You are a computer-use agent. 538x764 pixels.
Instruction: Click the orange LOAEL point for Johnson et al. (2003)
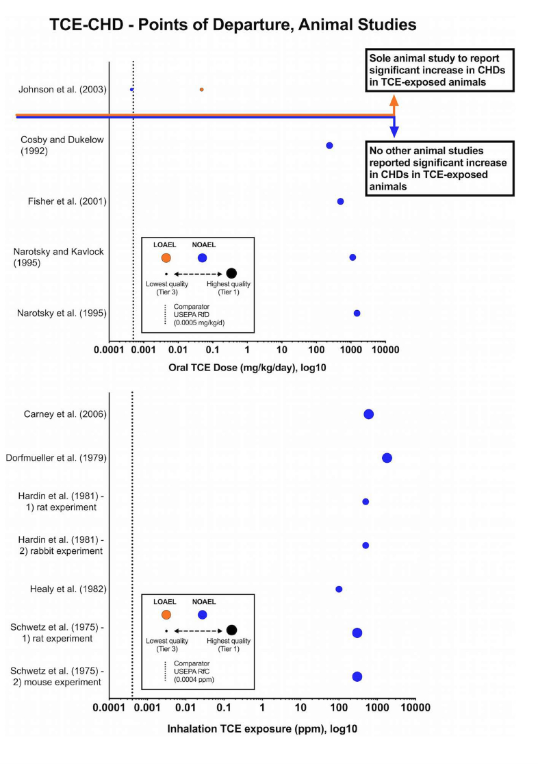coord(201,90)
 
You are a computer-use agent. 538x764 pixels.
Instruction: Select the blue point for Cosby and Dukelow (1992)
coord(329,146)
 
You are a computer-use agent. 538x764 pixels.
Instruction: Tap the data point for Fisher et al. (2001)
coord(340,201)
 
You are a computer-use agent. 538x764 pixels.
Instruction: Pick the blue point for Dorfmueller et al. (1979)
coord(387,458)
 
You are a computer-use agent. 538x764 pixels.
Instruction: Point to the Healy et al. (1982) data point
coord(339,589)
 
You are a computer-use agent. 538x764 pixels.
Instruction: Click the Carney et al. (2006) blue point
coord(368,414)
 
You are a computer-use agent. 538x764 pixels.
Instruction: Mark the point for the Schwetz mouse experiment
coord(357,676)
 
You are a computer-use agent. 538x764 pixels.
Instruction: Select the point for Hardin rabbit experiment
coord(366,546)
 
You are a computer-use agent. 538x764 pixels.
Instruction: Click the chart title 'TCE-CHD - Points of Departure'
coord(233,26)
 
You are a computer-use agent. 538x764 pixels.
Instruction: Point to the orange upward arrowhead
coord(394,100)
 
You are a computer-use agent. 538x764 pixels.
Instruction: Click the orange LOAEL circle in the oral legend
coord(166,257)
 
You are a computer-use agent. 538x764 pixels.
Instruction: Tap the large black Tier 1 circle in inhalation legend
coord(231,630)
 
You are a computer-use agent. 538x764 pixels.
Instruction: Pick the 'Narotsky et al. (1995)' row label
coord(61,314)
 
